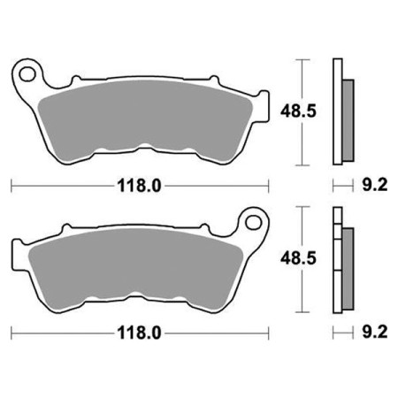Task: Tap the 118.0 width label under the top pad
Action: tap(140, 187)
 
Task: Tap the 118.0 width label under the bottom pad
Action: tap(140, 333)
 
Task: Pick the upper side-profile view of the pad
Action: tap(341, 112)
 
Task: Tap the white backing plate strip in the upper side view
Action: tap(336, 112)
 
